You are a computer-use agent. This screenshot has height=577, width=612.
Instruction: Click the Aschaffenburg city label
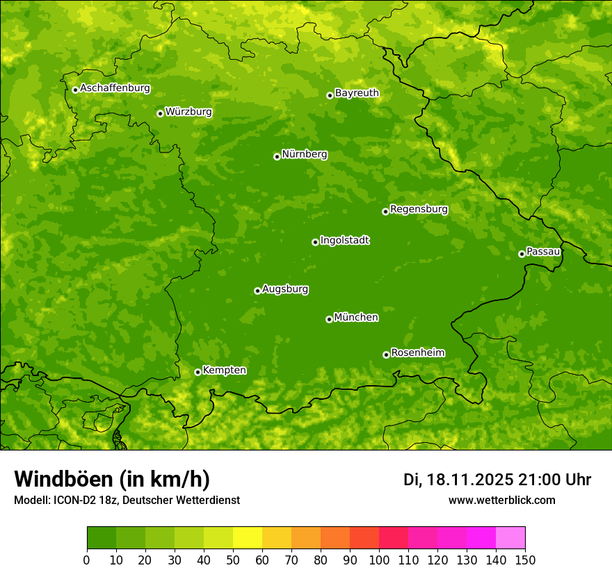tap(115, 88)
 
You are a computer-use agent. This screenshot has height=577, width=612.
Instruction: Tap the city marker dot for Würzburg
tap(160, 113)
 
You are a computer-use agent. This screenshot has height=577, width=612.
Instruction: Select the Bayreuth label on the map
tap(357, 93)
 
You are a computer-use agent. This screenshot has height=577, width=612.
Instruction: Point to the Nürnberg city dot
tap(277, 156)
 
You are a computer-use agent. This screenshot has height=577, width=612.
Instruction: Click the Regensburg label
tap(419, 209)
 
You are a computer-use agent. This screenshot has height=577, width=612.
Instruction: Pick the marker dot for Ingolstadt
tap(315, 242)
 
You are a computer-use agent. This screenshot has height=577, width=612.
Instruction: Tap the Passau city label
tap(543, 252)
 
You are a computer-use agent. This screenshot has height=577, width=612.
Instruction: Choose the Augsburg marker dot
tap(257, 291)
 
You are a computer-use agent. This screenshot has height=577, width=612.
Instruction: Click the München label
tap(356, 318)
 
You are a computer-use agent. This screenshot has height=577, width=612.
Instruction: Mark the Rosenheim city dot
tap(386, 355)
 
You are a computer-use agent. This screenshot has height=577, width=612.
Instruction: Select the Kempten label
tap(224, 371)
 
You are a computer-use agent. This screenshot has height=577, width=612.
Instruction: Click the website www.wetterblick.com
tap(501, 500)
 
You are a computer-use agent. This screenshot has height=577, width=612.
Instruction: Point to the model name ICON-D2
tap(72, 501)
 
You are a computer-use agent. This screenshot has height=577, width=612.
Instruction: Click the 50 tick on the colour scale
tap(233, 560)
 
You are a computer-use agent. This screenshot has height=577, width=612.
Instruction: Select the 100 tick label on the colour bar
tap(379, 560)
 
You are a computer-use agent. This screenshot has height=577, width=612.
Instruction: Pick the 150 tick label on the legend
tap(525, 560)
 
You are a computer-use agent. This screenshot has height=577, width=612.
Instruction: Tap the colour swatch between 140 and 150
tap(510, 538)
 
